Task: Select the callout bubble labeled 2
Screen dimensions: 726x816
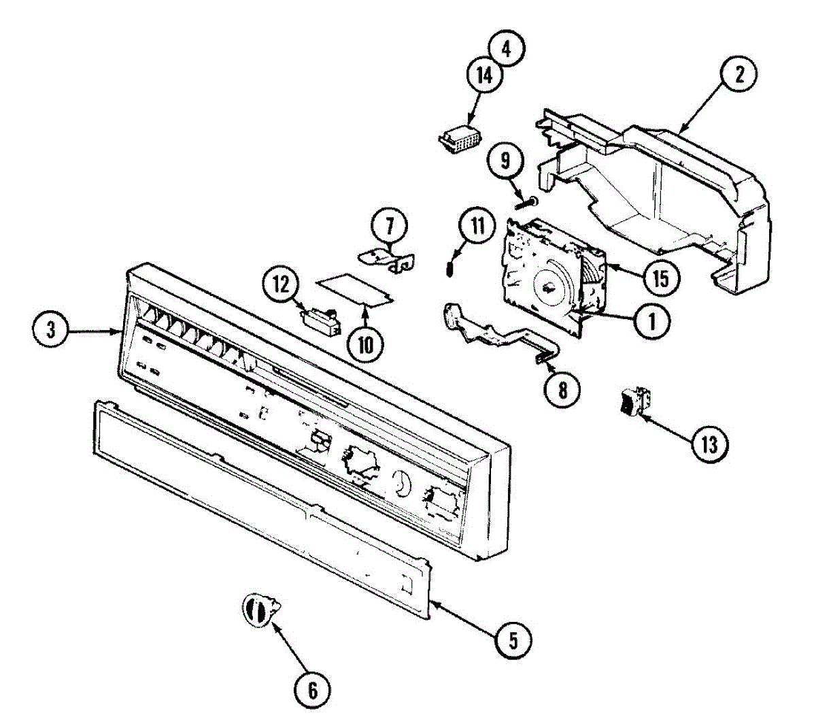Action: pyautogui.click(x=738, y=75)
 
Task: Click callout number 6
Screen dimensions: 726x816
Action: pyautogui.click(x=313, y=690)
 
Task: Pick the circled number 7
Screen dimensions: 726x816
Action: pyautogui.click(x=389, y=225)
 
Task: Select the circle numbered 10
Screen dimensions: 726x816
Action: pyautogui.click(x=365, y=344)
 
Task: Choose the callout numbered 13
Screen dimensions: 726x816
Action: pyautogui.click(x=709, y=444)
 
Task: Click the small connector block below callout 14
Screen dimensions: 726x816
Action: pyautogui.click(x=457, y=139)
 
